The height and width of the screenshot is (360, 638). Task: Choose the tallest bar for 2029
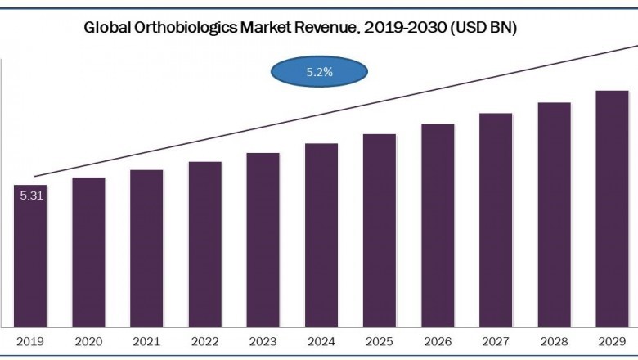click(x=612, y=208)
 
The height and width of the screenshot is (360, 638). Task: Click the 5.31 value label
click(x=29, y=195)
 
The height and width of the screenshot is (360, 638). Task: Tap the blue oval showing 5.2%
click(x=319, y=72)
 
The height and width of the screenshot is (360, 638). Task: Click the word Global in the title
click(x=108, y=27)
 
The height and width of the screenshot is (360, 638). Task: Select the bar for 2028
click(x=554, y=214)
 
